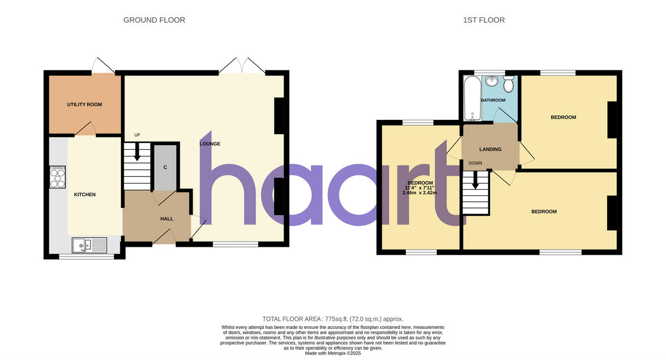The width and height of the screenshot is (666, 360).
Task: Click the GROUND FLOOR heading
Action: click(154, 20)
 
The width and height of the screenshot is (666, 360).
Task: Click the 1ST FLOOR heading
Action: click(483, 20)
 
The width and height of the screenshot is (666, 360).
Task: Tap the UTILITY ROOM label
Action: click(84, 104)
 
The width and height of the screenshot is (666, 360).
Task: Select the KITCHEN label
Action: click(85, 195)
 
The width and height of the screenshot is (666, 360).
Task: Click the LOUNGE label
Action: click(210, 144)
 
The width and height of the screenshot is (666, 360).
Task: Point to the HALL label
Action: click(167, 219)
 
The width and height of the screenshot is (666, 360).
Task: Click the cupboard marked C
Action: click(165, 167)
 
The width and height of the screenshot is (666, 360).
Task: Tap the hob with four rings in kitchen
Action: click(58, 178)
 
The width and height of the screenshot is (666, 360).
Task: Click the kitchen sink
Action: click(89, 244)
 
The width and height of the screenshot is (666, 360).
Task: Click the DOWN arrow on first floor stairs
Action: click(475, 181)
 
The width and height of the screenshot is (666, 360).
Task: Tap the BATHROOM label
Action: click(493, 100)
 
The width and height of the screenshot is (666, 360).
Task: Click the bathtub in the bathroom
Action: click(472, 98)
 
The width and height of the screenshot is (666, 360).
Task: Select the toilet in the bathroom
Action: click(508, 84)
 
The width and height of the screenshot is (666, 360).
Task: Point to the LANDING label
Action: click(490, 149)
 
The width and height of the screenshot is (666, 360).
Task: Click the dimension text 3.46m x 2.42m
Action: click(420, 193)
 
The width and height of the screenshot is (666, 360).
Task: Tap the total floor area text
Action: click(333, 319)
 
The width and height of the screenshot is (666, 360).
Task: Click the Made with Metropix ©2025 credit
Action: click(333, 353)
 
